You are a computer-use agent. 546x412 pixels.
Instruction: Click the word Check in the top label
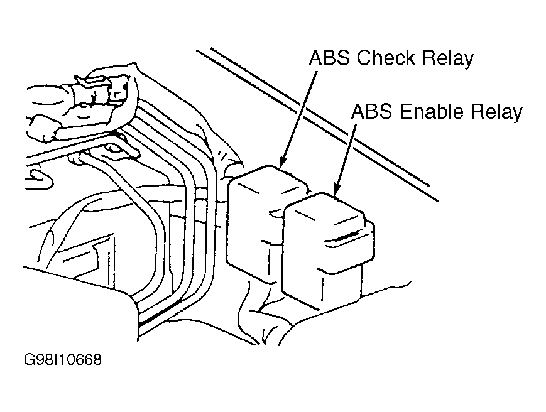tap(386, 58)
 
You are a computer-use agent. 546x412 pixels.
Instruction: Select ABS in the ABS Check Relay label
tap(329, 58)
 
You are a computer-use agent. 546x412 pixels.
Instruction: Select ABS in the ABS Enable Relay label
tap(372, 112)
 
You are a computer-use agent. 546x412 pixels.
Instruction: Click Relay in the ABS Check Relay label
tap(448, 59)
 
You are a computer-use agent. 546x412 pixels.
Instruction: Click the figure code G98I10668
tap(63, 359)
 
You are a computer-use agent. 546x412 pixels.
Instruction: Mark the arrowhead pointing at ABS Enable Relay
tap(336, 190)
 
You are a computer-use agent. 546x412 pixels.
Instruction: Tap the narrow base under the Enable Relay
tap(339, 289)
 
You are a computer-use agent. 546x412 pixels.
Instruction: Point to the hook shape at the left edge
tap(38, 178)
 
